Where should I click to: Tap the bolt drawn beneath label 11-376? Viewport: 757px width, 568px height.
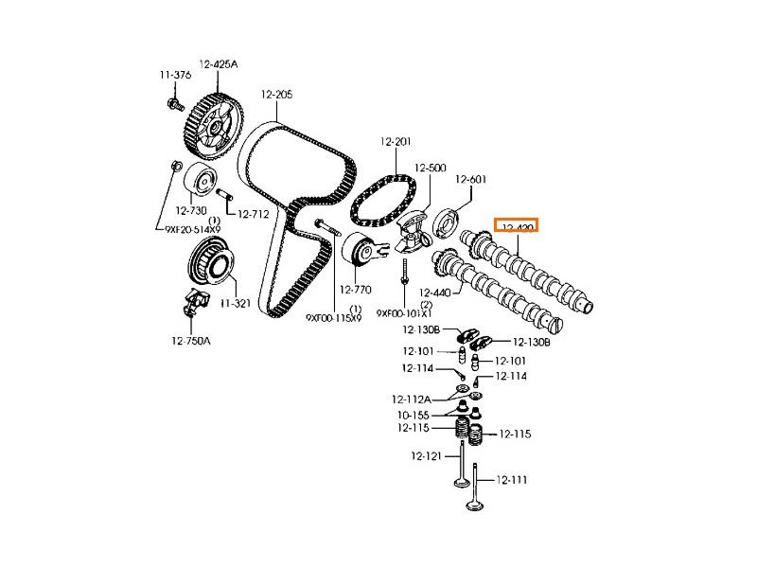tap(175, 102)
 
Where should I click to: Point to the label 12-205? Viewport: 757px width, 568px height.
tap(277, 94)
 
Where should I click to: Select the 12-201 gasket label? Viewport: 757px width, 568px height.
tap(396, 142)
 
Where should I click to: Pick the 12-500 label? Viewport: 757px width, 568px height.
tap(430, 168)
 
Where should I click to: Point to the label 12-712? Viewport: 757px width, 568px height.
tap(255, 214)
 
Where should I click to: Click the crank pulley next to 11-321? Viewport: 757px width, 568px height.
tap(210, 260)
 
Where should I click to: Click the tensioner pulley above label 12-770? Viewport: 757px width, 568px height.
tap(361, 251)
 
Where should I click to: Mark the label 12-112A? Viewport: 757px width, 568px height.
tap(411, 399)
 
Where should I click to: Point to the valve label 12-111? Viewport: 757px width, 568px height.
tap(511, 480)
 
